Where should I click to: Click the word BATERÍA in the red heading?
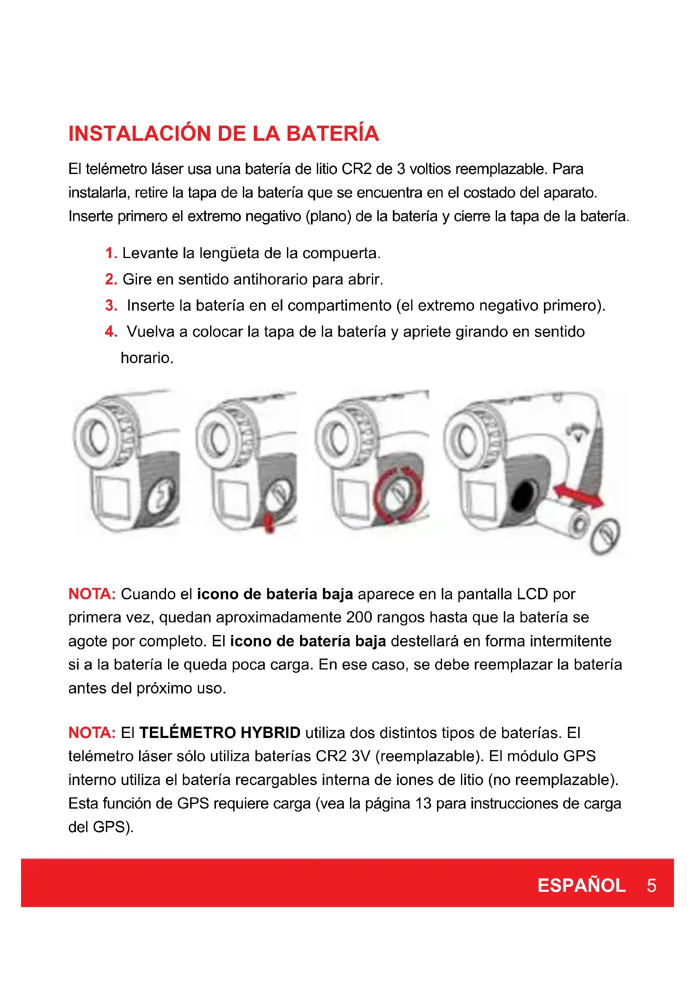click(x=332, y=133)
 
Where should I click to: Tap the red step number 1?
click(x=111, y=253)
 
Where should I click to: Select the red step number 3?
click(x=111, y=305)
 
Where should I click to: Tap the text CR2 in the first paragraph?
click(x=356, y=169)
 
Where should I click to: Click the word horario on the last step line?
click(x=147, y=358)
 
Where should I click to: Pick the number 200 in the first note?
click(x=360, y=617)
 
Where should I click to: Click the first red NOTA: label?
click(x=92, y=594)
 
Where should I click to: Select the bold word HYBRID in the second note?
click(x=271, y=733)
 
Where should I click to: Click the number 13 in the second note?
click(x=423, y=803)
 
